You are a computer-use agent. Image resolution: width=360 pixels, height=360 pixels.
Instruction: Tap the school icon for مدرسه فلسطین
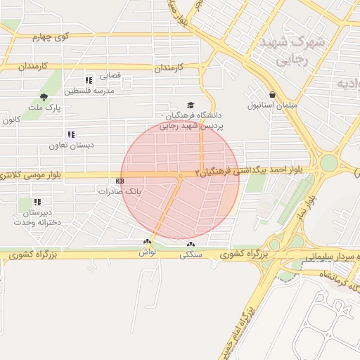[89, 80]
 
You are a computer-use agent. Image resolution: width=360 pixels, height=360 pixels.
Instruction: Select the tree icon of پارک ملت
[45, 97]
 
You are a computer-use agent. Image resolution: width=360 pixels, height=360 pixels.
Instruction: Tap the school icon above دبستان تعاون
[70, 134]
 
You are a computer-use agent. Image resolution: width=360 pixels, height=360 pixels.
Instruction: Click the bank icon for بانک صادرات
[120, 181]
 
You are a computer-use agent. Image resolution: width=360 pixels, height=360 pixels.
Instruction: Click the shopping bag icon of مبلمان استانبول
[272, 94]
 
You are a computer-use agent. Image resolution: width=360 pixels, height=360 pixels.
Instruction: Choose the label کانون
[9, 120]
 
